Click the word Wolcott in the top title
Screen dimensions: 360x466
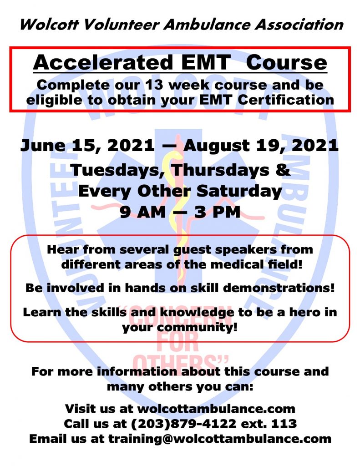49,25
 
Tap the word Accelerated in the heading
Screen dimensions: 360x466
103,62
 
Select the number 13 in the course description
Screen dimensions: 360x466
154,85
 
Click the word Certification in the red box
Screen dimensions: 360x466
286,100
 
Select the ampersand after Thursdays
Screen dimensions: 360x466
283,170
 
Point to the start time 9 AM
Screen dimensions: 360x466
143,213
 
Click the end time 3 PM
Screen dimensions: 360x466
217,213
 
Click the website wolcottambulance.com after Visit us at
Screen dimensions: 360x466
216,409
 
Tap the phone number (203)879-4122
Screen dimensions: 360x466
184,424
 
